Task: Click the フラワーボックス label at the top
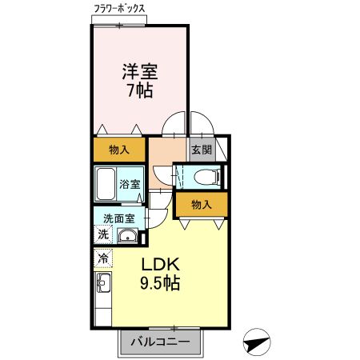click(x=118, y=9)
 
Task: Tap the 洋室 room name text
click(x=140, y=71)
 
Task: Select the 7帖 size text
click(x=140, y=90)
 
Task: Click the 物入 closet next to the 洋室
click(x=119, y=150)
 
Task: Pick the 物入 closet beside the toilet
click(x=202, y=205)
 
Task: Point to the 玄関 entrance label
click(x=201, y=149)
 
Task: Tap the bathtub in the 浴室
click(x=105, y=185)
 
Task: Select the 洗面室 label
click(x=118, y=218)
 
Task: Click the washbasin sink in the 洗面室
click(x=126, y=235)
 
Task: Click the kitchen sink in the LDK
click(x=103, y=283)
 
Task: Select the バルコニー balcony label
click(x=161, y=342)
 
